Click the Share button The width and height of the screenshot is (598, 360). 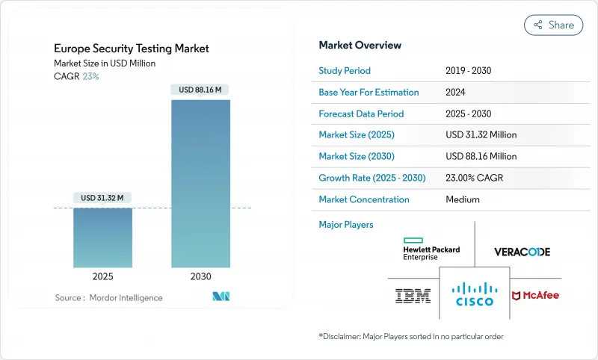click(554, 25)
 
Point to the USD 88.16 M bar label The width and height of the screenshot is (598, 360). click(200, 90)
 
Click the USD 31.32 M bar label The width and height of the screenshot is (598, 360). click(102, 198)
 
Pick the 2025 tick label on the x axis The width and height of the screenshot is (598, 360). click(102, 276)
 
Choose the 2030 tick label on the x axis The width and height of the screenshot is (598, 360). click(200, 276)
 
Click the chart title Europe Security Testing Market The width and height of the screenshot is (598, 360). click(132, 49)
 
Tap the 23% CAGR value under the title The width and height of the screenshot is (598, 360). click(90, 76)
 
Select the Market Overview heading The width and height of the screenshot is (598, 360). click(360, 46)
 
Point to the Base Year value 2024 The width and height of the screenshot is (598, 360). click(456, 93)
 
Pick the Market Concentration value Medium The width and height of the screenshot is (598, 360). click(463, 199)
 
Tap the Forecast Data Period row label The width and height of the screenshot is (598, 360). click(361, 114)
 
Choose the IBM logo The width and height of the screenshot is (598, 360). click(413, 297)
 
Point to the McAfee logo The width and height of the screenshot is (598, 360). click(536, 296)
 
